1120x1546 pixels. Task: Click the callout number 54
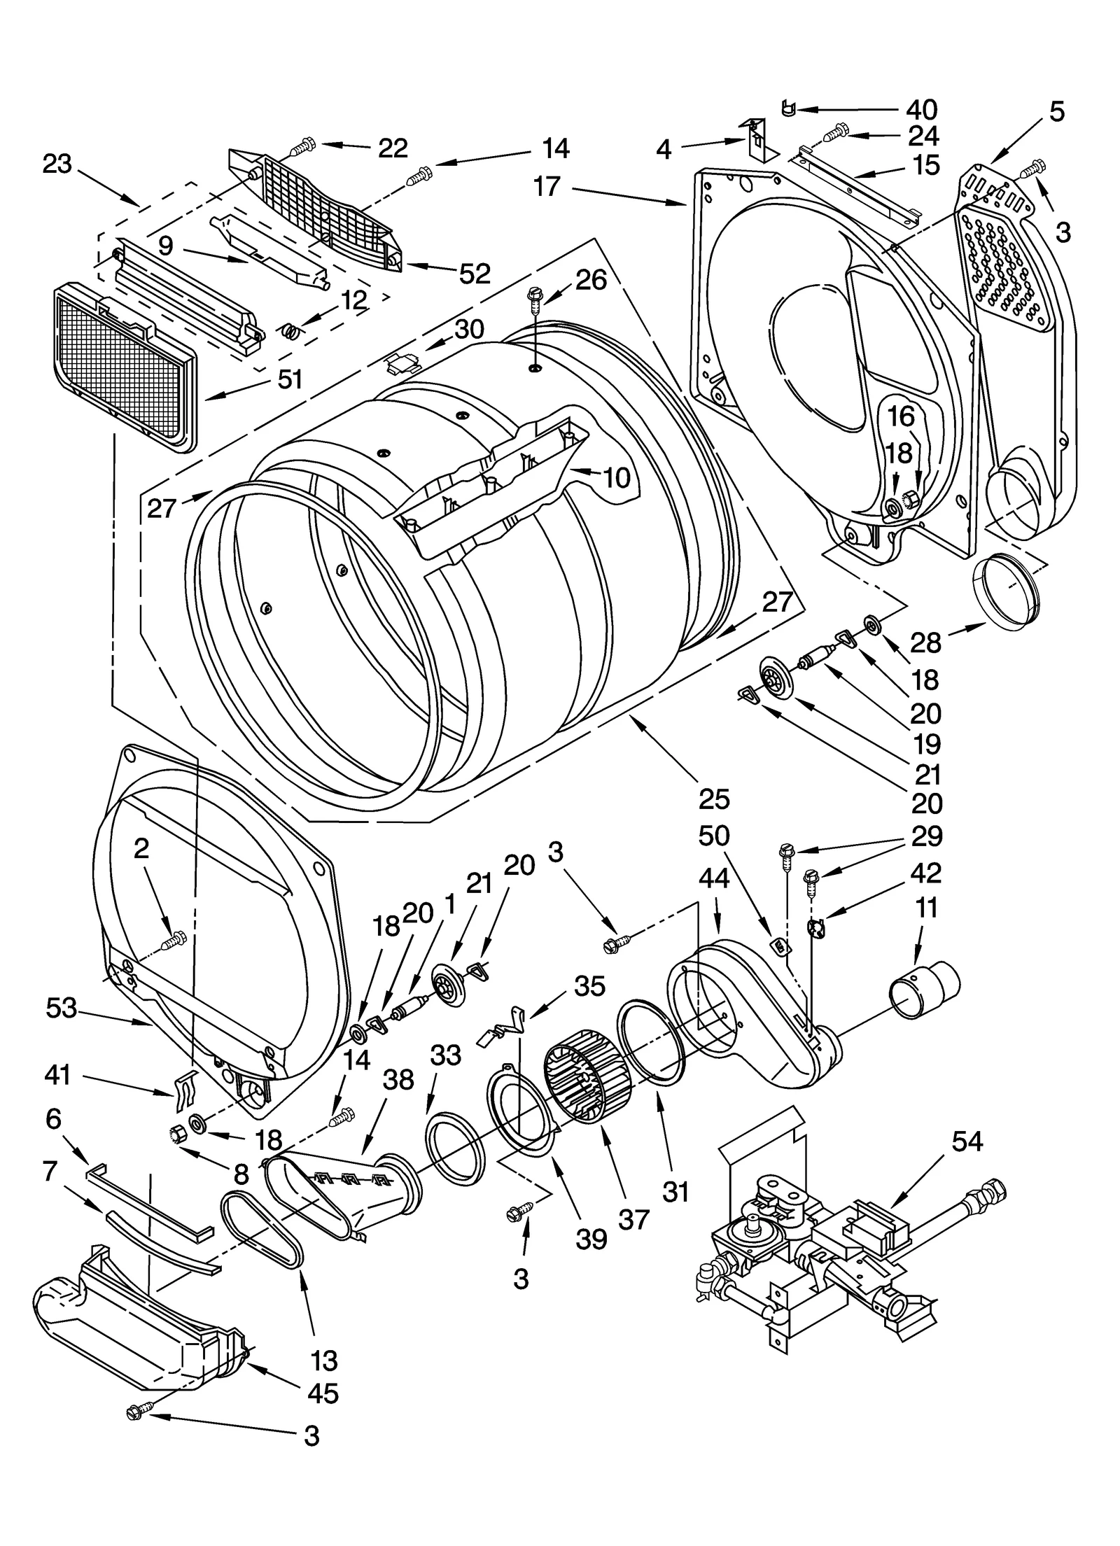coord(967,1141)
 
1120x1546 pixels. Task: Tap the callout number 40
coord(921,110)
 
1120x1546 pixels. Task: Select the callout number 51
coord(289,379)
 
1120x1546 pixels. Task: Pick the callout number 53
coord(62,1008)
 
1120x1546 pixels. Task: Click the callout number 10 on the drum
coord(616,478)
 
